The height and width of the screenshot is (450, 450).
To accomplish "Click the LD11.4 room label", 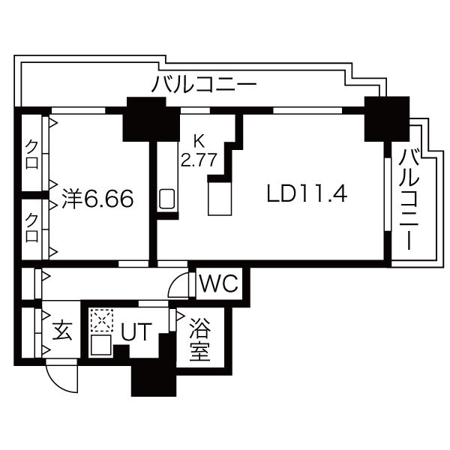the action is pos(307,193).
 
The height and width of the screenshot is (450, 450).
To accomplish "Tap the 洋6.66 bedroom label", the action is pos(97,198).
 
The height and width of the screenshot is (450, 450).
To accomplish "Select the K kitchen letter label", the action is pos(199,141).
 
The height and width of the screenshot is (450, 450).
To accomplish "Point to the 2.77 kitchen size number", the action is pos(198,160).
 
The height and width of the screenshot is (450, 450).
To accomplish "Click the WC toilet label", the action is pos(219,283).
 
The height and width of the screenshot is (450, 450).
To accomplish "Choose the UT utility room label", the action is pos(136,331).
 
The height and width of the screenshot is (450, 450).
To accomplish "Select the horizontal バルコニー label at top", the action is pos(204,83).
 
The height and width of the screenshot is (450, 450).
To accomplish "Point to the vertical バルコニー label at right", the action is pos(409,199).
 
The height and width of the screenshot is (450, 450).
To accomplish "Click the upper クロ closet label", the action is pos(31,155).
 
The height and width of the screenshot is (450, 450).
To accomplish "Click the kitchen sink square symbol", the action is pos(166,199).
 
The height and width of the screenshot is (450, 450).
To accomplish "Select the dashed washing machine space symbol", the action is pos(101,320).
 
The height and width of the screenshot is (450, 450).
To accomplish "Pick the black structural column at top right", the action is pos(386,118).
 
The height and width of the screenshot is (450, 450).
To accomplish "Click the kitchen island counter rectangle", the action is pos(220,199).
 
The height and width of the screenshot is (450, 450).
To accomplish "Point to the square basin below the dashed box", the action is pos(100,345).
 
